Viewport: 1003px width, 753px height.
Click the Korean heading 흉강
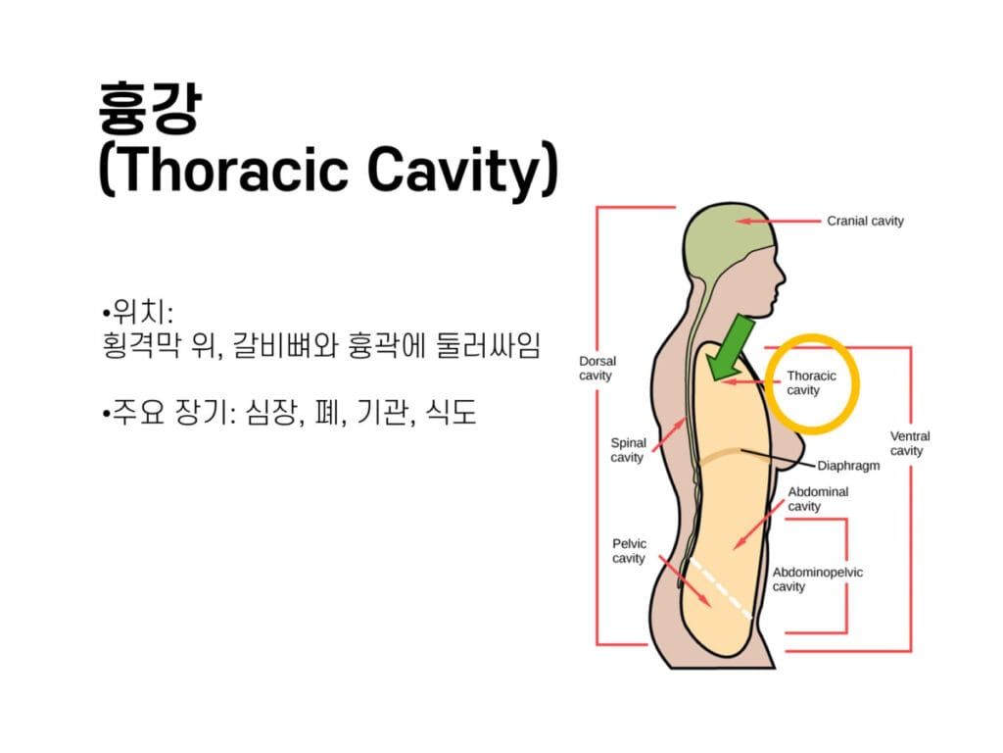pos(148,107)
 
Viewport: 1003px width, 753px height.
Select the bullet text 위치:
pos(138,315)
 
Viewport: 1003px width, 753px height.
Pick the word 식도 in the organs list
pos(450,413)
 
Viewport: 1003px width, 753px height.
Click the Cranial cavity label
pos(865,222)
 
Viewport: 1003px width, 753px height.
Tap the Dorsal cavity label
pos(597,369)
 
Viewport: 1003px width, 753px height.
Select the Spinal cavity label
pos(628,450)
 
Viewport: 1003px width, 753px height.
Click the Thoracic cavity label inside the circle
pos(811,382)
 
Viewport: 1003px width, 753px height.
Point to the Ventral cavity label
pos(909,443)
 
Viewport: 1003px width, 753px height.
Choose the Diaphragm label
pos(848,466)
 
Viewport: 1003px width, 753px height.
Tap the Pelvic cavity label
pos(629,551)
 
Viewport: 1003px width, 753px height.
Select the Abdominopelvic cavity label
pos(817,579)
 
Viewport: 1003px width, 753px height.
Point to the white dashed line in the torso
pos(720,589)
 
